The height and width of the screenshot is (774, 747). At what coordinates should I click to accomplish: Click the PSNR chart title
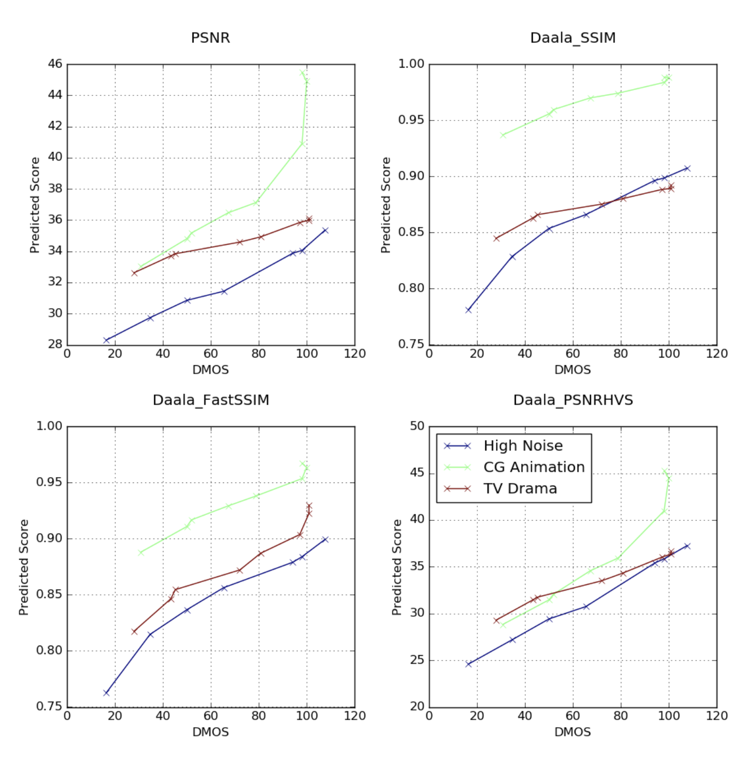(210, 38)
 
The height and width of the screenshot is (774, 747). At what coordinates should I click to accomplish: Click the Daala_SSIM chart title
(573, 38)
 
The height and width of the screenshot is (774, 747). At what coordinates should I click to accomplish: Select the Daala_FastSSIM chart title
(210, 400)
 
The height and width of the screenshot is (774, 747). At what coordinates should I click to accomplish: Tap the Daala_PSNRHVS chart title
(573, 400)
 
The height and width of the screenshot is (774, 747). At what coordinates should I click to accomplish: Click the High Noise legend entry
(522, 446)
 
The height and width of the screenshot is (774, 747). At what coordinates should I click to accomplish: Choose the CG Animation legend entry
(533, 467)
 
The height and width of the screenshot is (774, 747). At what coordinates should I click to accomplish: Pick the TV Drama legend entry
(519, 489)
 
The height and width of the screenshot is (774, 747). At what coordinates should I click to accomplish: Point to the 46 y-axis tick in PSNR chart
(55, 64)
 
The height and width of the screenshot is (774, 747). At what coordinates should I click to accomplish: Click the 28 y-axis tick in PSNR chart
(55, 344)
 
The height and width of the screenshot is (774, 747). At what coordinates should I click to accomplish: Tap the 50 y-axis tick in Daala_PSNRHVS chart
(417, 426)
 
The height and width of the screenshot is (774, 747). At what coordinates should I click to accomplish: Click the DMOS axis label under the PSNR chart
(210, 369)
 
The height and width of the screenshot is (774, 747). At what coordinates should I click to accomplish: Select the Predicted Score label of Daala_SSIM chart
(386, 205)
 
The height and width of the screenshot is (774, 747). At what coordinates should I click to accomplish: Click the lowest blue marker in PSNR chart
(106, 340)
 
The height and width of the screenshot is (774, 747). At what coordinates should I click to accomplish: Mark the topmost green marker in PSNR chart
(302, 72)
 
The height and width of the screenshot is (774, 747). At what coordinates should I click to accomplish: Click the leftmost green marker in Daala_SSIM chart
(503, 135)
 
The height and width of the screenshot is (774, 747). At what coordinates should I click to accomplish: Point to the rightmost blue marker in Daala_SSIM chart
(687, 168)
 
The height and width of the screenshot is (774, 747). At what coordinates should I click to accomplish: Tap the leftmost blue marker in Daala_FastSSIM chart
(106, 693)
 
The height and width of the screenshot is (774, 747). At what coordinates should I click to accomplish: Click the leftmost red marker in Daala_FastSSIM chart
(134, 632)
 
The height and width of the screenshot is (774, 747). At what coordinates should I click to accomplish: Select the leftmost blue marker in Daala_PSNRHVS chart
(468, 664)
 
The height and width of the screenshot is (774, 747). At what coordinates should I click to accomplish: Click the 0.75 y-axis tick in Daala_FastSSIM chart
(49, 706)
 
